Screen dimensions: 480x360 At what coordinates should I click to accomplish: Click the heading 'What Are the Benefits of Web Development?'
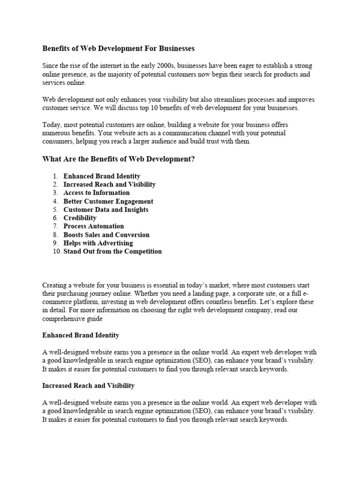point(118,159)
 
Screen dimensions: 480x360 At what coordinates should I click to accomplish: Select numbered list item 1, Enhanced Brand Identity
point(102,176)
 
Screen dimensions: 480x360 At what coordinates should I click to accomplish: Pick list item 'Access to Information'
point(97,193)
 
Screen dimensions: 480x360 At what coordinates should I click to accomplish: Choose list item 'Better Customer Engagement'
point(108,201)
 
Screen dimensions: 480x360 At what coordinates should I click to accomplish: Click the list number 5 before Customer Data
point(55,210)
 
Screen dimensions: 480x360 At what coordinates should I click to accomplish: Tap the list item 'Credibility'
point(80,218)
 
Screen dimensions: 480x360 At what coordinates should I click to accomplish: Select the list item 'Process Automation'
point(94,226)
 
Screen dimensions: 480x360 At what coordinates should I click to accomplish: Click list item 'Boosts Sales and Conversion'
point(106,234)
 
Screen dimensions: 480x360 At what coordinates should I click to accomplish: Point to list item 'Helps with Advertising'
point(98,243)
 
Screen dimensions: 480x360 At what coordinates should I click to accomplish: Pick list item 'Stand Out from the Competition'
point(112,251)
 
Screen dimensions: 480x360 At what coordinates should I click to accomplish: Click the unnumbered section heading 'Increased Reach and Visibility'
point(88,385)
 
